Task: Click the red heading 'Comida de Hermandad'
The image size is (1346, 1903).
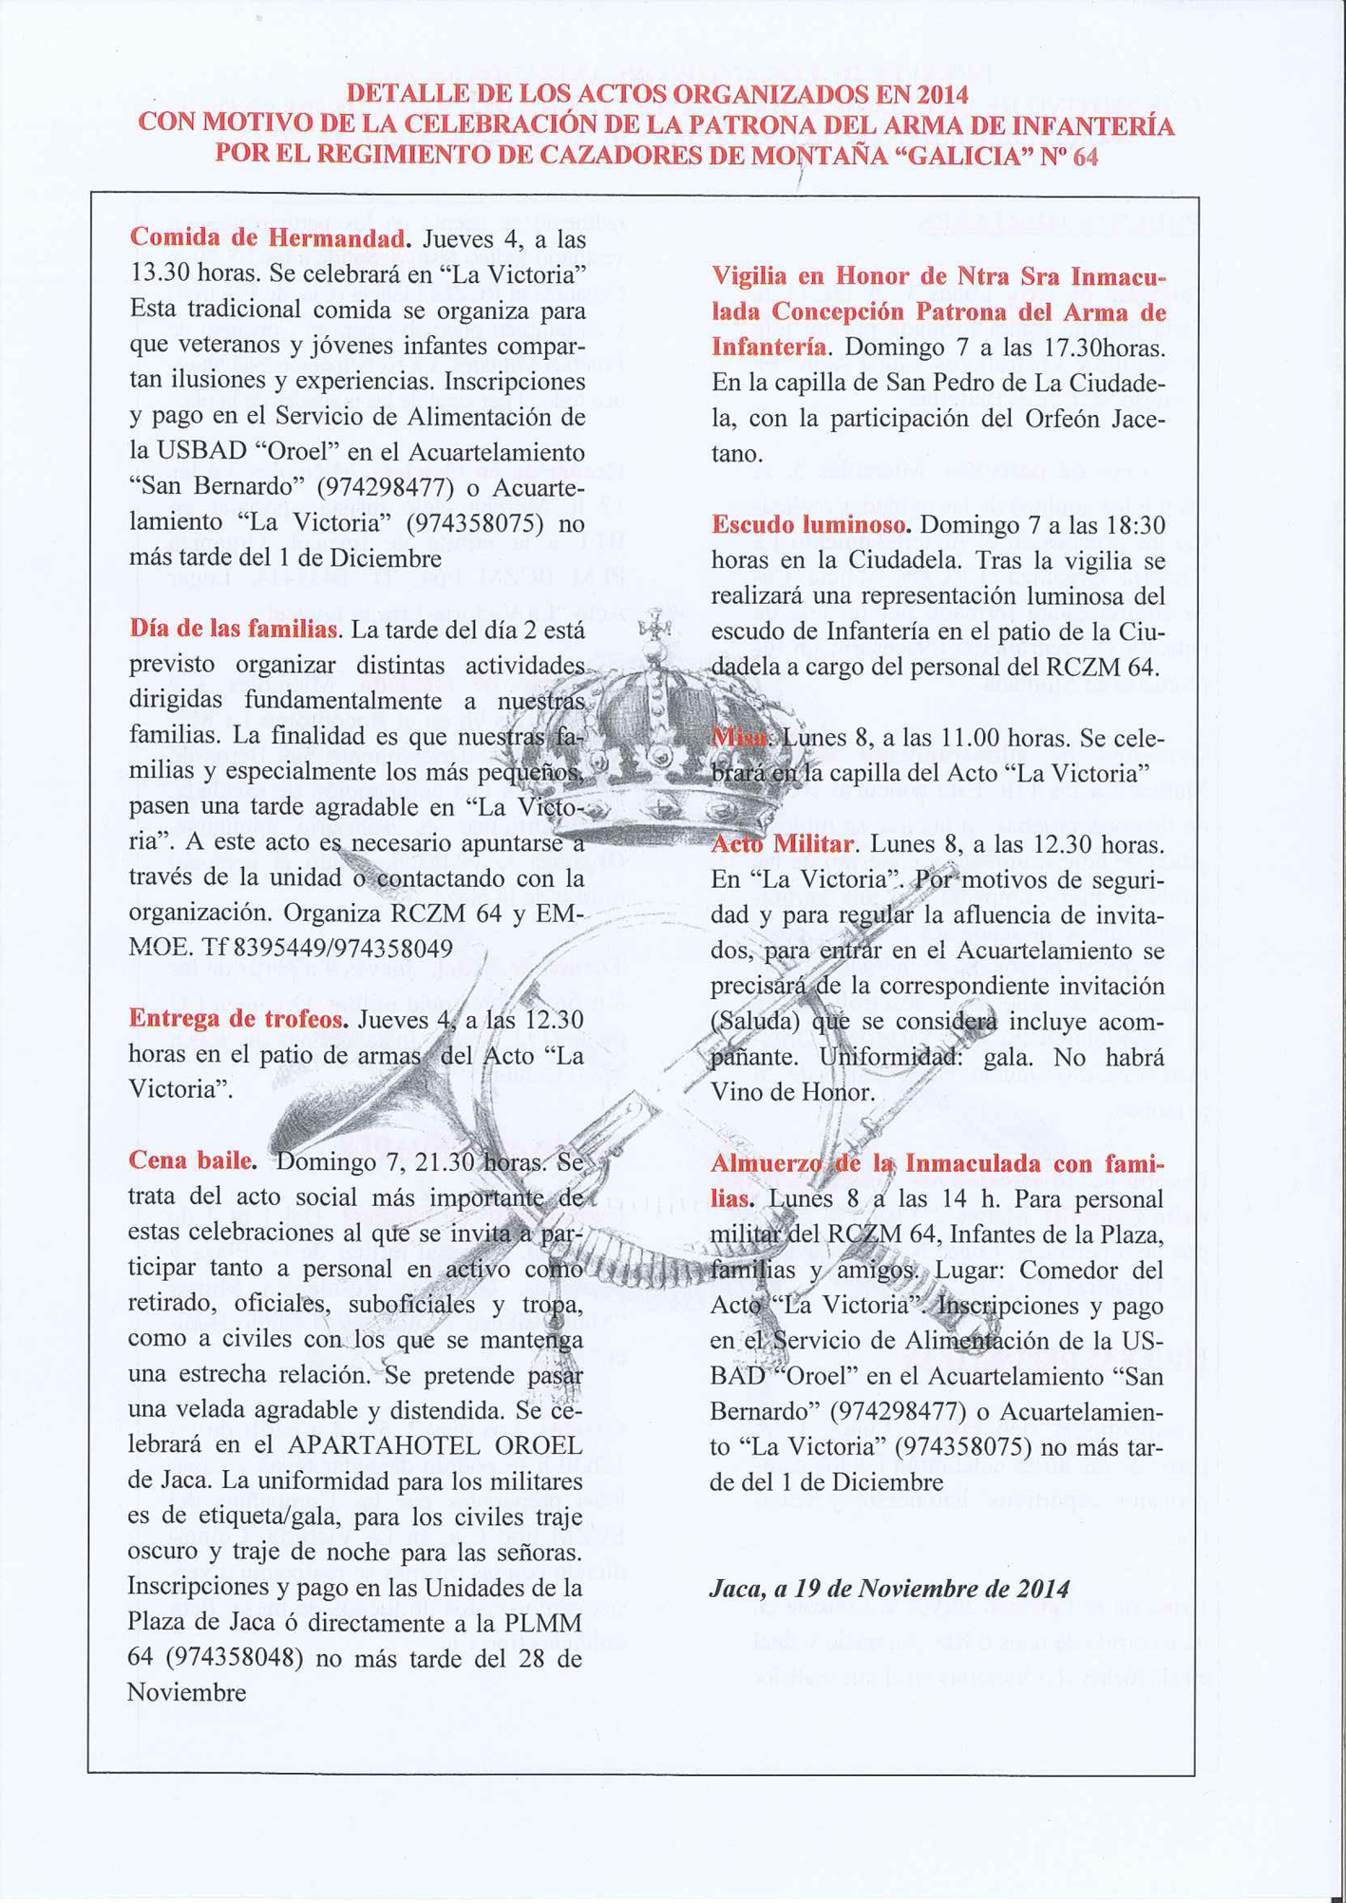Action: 269,237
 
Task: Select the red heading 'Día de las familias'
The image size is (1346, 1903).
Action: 234,629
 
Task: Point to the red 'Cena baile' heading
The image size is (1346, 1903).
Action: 191,1160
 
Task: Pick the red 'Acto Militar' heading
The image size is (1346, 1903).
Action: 783,843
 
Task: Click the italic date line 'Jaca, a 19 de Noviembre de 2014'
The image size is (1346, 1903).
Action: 889,1589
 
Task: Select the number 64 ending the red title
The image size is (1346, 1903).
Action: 1085,157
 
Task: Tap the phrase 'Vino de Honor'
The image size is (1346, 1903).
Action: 793,1092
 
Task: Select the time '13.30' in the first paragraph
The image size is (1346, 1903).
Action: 161,273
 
